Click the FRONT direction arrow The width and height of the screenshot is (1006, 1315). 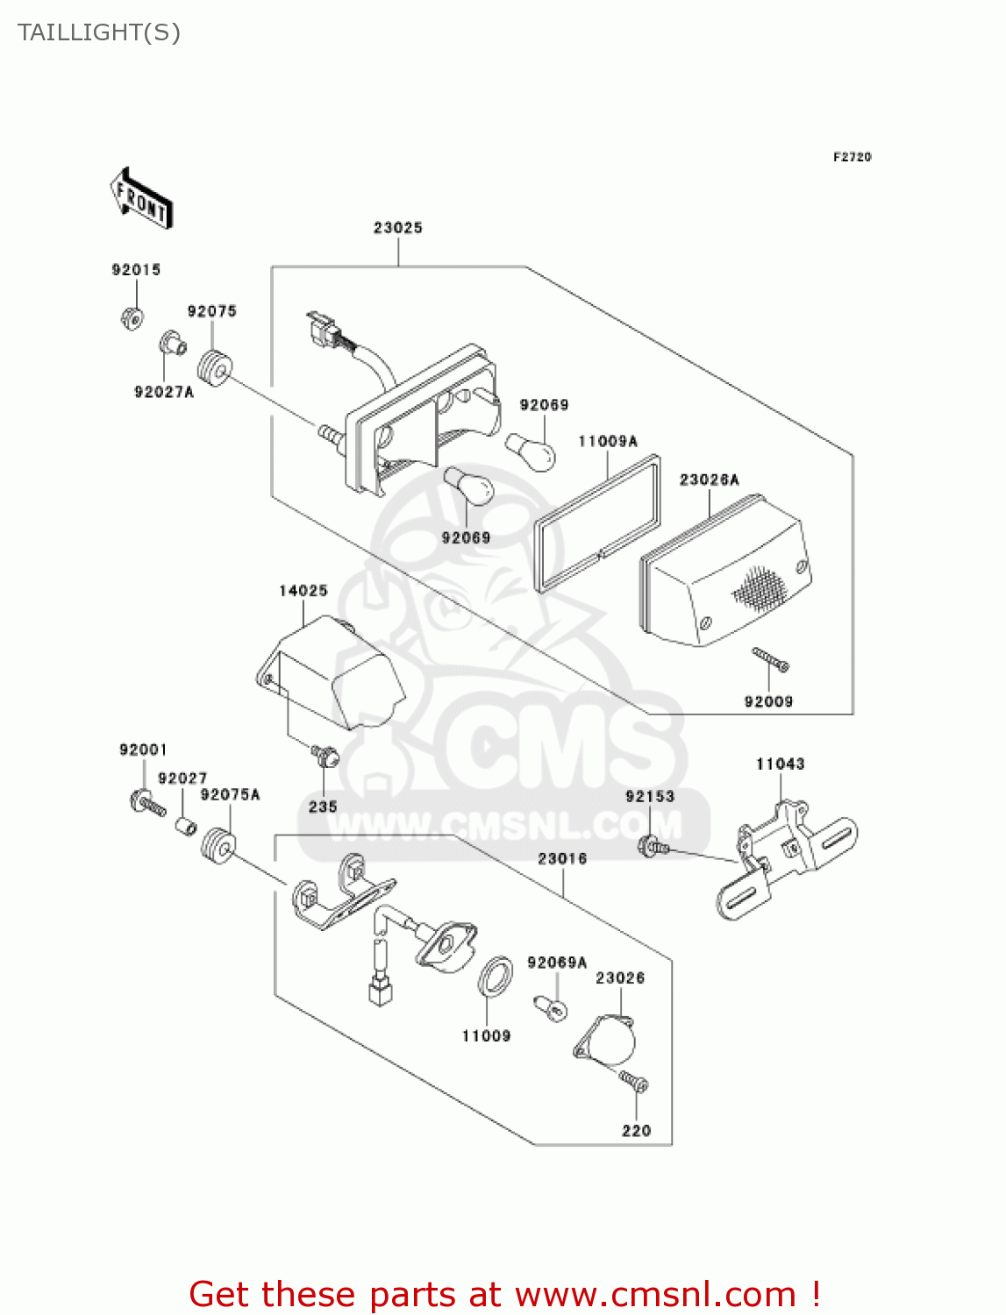click(x=140, y=199)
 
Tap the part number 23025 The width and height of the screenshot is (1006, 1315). click(x=397, y=228)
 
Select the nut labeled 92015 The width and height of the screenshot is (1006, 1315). click(x=132, y=318)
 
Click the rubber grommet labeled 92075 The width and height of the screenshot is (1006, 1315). click(x=214, y=367)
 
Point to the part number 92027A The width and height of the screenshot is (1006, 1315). click(x=164, y=392)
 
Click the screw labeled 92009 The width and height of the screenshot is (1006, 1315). click(x=770, y=659)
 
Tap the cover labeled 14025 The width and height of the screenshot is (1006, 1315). click(x=333, y=675)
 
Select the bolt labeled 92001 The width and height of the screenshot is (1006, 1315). click(x=146, y=802)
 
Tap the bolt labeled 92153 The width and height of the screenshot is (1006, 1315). click(x=652, y=847)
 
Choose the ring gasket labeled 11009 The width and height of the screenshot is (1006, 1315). click(x=496, y=976)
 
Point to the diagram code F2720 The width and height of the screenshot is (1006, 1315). click(x=852, y=157)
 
